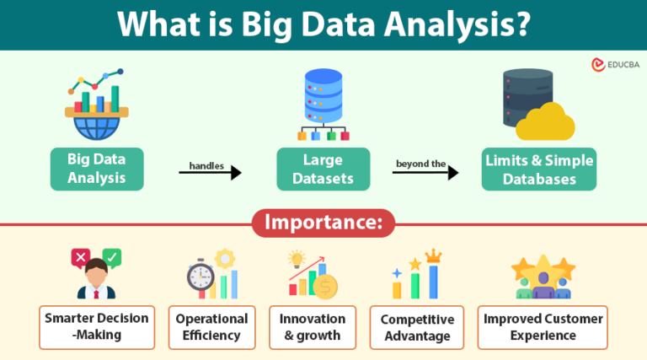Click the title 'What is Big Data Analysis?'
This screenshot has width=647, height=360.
(323, 24)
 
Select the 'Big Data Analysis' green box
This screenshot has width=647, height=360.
(96, 169)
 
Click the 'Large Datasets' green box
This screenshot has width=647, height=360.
(323, 169)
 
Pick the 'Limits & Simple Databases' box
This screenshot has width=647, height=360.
(540, 169)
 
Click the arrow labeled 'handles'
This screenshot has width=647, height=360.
(210, 173)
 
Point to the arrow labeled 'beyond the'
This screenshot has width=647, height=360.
(425, 173)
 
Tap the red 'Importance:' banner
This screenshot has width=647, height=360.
(323, 224)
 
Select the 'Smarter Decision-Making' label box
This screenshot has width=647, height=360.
(98, 327)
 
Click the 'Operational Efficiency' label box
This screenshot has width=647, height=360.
(211, 327)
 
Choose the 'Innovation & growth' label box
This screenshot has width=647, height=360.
(313, 327)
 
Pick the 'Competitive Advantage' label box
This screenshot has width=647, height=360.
(417, 327)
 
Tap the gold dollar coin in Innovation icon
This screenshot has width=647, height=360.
(325, 285)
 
